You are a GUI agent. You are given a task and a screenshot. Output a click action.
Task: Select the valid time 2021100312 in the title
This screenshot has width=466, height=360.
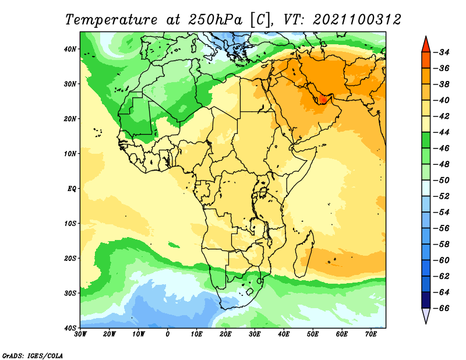click(x=357, y=19)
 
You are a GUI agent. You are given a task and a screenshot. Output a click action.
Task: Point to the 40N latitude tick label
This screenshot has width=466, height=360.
click(x=70, y=49)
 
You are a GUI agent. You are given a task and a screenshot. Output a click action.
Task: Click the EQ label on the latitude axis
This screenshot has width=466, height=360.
click(x=72, y=189)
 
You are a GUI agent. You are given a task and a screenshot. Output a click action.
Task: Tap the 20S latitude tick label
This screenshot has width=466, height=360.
click(x=70, y=258)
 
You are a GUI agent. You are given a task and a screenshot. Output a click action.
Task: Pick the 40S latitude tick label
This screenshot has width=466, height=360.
click(x=70, y=328)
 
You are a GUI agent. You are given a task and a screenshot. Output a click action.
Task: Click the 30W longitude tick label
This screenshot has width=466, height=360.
click(x=80, y=334)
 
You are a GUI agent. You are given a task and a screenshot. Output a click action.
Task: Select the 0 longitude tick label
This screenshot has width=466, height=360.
click(x=168, y=334)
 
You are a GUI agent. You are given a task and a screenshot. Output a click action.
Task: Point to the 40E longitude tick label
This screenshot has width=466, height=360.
click(x=284, y=334)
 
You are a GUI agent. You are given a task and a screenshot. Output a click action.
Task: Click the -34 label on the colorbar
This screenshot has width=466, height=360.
click(x=443, y=52)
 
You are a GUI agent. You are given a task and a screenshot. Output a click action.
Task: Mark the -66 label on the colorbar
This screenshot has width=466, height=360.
click(x=443, y=308)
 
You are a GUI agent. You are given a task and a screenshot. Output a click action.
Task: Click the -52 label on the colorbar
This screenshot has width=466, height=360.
click(x=443, y=196)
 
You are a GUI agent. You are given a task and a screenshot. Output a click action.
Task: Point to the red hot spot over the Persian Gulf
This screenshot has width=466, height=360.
click(x=323, y=99)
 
